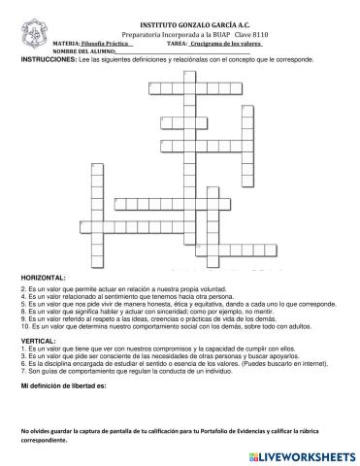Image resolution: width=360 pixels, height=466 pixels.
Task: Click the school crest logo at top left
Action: tap(34, 29)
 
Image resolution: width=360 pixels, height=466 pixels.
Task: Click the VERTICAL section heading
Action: tap(38, 341)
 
